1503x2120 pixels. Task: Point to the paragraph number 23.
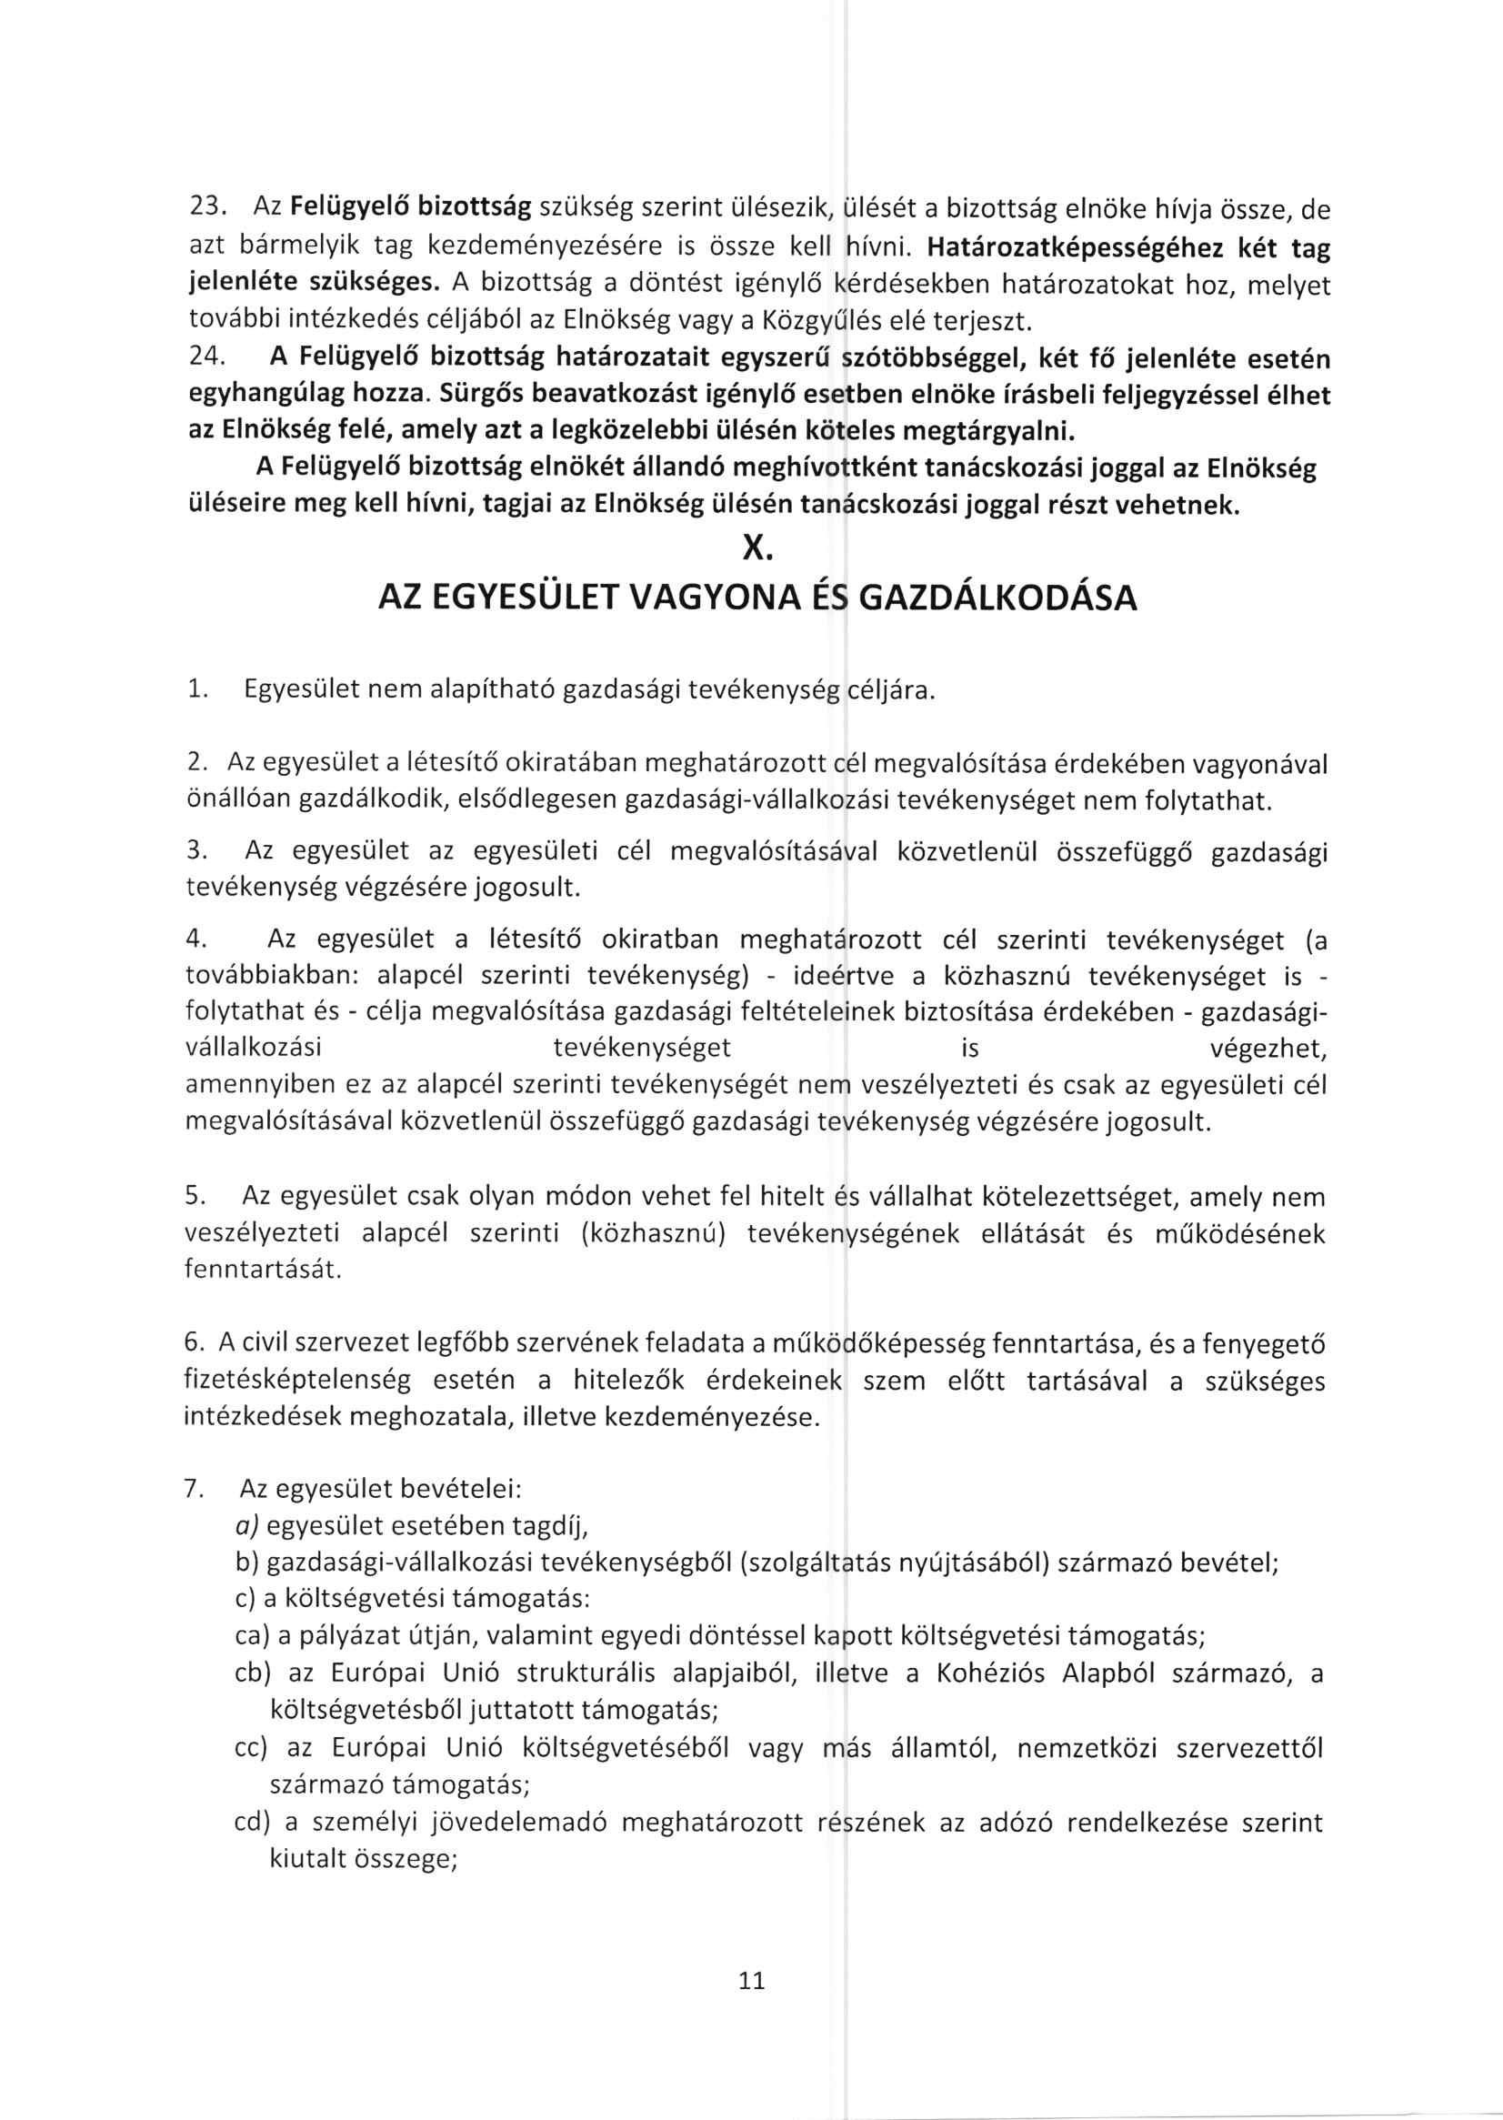tap(203, 209)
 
